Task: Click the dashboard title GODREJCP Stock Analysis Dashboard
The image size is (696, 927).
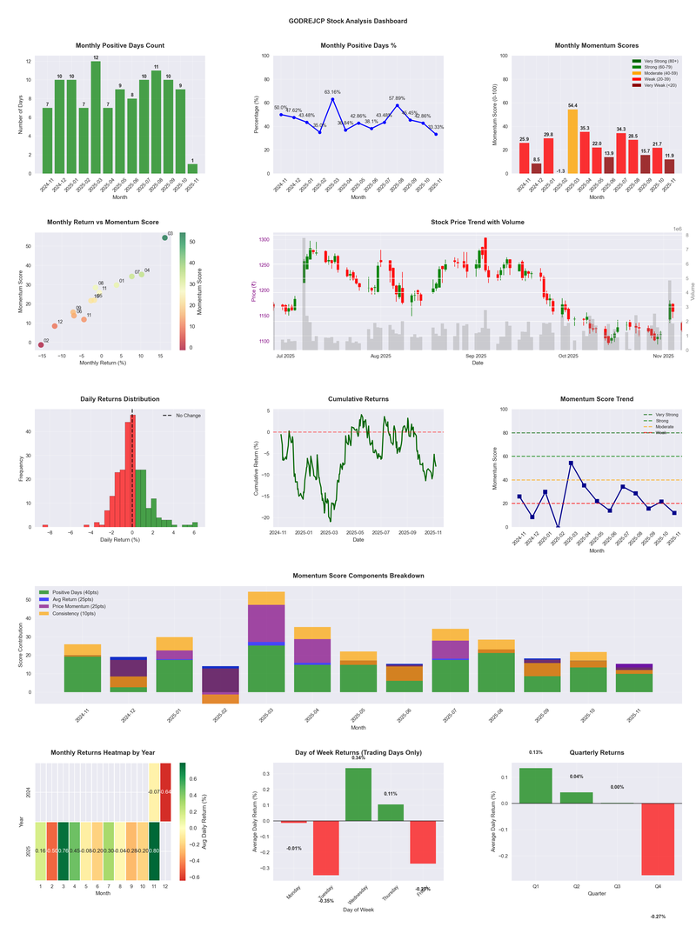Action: [x=347, y=20]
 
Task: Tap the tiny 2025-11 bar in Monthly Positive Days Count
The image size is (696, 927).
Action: [x=192, y=168]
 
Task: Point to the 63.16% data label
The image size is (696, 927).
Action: [x=332, y=91]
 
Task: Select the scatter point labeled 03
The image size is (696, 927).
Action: [x=164, y=237]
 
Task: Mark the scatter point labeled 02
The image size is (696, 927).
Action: [x=40, y=345]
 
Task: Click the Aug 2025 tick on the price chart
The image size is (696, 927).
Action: [x=380, y=356]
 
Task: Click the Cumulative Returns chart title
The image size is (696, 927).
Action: [x=358, y=399]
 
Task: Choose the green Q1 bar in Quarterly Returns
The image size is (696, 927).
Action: [x=535, y=785]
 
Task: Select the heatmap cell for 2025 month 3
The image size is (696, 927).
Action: [x=63, y=850]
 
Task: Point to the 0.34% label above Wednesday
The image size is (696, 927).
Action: [x=358, y=758]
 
